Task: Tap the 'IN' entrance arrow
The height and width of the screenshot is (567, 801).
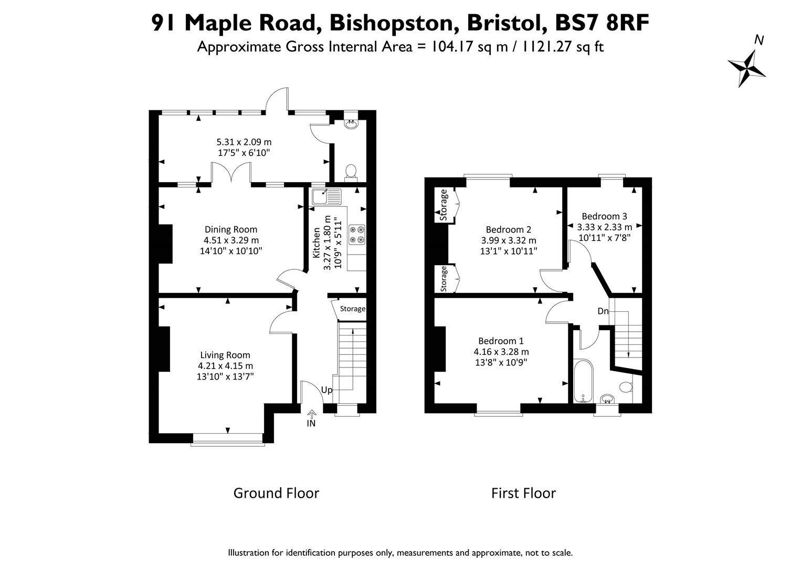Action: click(x=311, y=414)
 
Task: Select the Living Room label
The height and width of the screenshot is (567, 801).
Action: click(x=225, y=355)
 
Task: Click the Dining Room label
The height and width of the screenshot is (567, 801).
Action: click(x=230, y=229)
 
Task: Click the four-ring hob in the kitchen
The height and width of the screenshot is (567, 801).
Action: click(x=357, y=234)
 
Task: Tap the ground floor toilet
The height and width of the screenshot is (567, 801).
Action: click(x=351, y=172)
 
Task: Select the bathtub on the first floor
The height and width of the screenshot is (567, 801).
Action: click(x=583, y=381)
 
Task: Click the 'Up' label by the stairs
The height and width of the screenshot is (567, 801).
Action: click(x=326, y=390)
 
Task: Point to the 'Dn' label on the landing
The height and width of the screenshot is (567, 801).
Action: click(x=603, y=311)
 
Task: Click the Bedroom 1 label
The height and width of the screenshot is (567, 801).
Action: click(x=501, y=341)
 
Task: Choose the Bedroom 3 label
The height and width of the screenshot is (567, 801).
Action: click(x=604, y=216)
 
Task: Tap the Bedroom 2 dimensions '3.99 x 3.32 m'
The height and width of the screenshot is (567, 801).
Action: click(x=509, y=240)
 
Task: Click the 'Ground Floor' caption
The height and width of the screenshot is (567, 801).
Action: click(x=276, y=493)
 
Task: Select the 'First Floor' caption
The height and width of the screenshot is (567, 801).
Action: click(x=523, y=493)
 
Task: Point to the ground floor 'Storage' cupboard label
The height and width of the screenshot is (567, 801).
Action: click(x=352, y=309)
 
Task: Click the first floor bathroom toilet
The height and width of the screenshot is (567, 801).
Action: click(x=626, y=387)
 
